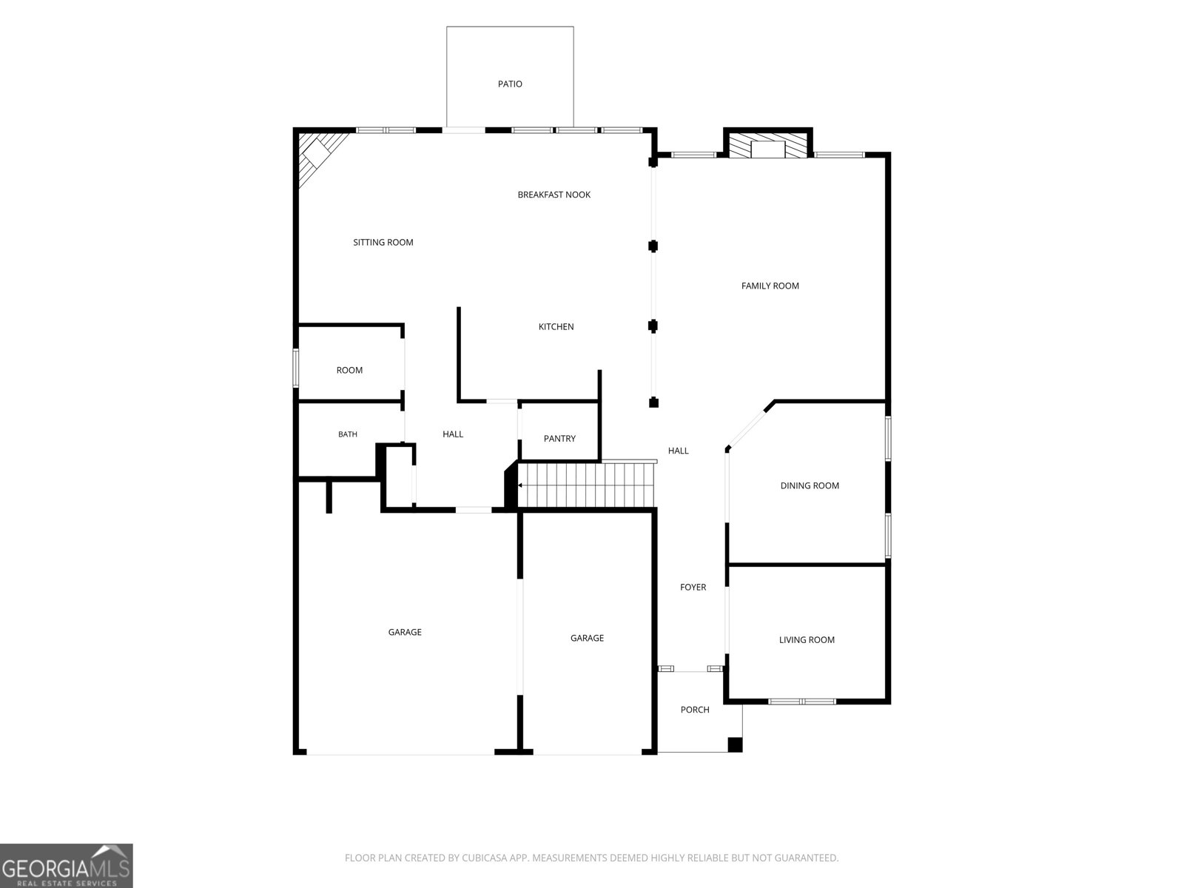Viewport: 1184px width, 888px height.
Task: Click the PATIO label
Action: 510,84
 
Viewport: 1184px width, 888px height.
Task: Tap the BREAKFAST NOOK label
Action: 554,195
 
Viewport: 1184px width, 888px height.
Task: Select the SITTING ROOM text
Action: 383,243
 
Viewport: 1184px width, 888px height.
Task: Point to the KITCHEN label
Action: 556,327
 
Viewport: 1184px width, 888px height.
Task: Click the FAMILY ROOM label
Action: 770,286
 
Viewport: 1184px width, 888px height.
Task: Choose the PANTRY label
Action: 559,439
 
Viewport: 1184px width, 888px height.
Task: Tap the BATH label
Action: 347,434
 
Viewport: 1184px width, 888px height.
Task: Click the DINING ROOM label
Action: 810,485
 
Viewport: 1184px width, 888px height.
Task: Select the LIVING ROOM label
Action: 807,640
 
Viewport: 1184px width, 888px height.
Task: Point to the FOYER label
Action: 693,587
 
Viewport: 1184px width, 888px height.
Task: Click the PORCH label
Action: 695,710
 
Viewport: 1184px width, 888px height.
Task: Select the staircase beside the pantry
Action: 586,485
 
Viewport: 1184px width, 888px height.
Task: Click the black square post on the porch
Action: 735,744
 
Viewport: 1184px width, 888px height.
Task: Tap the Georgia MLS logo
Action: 67,866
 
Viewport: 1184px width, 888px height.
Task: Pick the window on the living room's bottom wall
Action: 802,702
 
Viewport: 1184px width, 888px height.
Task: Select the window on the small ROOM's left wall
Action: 295,368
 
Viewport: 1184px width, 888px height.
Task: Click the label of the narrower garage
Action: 587,639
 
